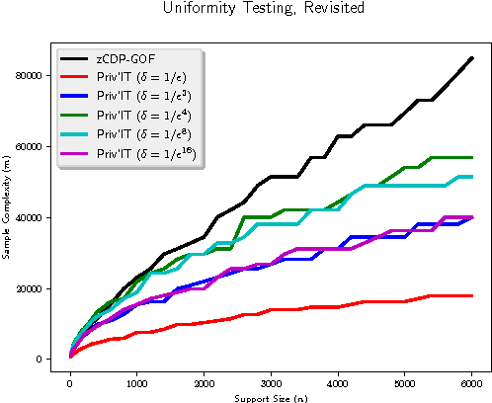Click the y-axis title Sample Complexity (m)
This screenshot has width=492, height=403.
click(x=8, y=208)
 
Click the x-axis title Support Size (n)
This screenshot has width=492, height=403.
click(x=271, y=397)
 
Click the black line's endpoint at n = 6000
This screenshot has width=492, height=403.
click(x=472, y=57)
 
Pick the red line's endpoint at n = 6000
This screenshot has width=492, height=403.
click(x=472, y=295)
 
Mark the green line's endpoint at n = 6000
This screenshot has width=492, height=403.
click(x=472, y=157)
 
